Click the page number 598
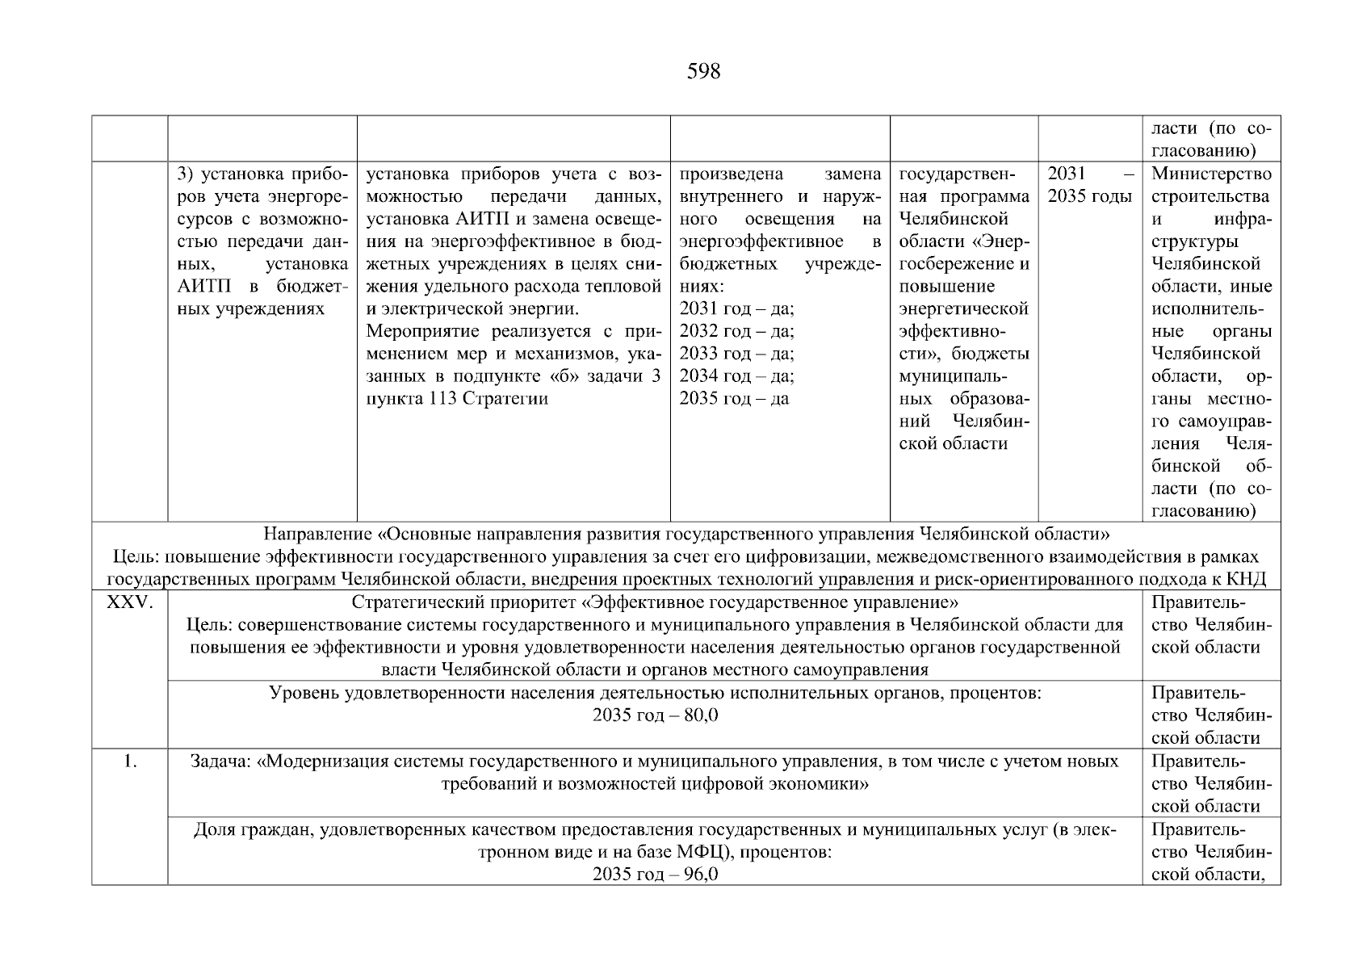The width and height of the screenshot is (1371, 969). pos(703,72)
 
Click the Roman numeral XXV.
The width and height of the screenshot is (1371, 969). pos(129,602)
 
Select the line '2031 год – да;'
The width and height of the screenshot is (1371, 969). pos(736,308)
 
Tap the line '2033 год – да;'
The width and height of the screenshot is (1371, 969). pos(736,354)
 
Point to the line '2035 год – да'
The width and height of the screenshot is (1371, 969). pos(734,398)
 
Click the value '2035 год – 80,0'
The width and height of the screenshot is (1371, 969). pos(655,715)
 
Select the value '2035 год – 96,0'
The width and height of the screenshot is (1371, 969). pos(655,875)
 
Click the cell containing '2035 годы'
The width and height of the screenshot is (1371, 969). pos(1089,196)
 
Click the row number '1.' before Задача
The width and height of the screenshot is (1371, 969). pos(129,761)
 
